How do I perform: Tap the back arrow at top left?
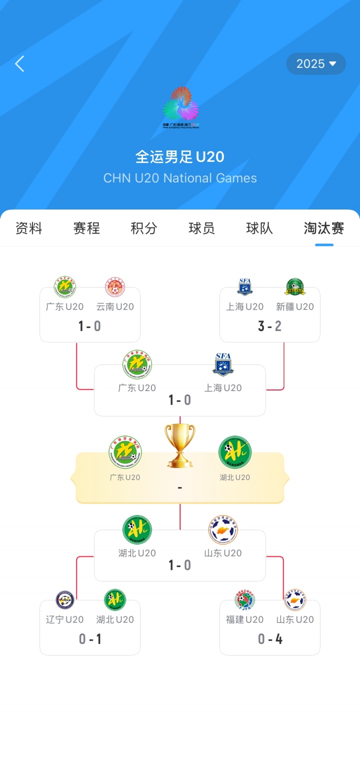(20, 64)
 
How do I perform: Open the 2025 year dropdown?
(316, 64)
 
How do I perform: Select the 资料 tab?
(29, 228)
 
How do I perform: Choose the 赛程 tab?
(86, 228)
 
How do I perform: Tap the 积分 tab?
(144, 228)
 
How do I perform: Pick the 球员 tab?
(201, 228)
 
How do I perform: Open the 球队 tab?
(259, 228)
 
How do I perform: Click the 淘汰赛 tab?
(324, 228)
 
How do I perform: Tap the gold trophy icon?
(180, 445)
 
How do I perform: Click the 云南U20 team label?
(115, 307)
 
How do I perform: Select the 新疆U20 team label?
(295, 307)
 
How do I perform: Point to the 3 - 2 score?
(270, 326)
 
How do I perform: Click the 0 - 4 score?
(270, 639)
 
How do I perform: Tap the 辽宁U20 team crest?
(65, 599)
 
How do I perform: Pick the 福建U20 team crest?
(245, 599)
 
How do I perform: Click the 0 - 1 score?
(90, 639)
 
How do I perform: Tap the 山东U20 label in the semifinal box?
(223, 553)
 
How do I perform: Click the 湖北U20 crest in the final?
(235, 452)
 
